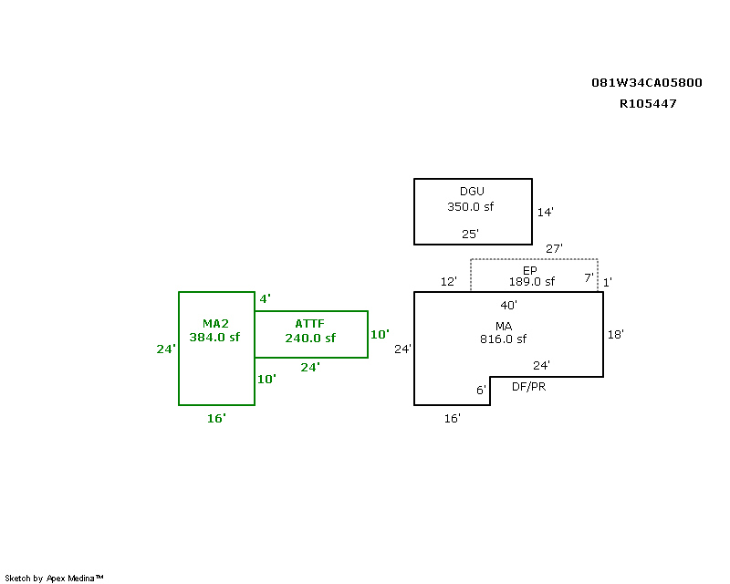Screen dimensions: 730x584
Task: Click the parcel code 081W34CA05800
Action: tap(647, 83)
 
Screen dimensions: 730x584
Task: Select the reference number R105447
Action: tap(648, 104)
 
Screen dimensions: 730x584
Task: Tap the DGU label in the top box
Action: tap(472, 192)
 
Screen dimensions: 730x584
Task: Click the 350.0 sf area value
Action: tap(470, 207)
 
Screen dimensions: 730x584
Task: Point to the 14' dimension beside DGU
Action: tap(545, 213)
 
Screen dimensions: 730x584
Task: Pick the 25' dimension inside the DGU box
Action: tap(470, 235)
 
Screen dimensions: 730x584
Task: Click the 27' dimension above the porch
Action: tap(554, 249)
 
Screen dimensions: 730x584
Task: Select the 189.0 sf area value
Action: tap(532, 282)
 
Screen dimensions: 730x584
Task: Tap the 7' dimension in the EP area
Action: tap(589, 278)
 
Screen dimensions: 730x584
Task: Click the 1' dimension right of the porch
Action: tap(608, 283)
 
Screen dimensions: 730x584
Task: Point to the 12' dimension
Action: tap(449, 282)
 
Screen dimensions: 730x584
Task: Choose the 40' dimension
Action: tap(509, 306)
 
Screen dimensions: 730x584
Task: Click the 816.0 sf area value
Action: tap(504, 339)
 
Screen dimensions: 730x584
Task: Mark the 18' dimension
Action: tap(615, 335)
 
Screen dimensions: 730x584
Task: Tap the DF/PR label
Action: tap(529, 387)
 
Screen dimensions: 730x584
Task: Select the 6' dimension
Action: tap(482, 391)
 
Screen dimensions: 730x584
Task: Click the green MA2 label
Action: tap(215, 324)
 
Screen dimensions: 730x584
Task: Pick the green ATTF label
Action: tap(309, 324)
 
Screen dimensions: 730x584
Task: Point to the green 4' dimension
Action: tap(265, 299)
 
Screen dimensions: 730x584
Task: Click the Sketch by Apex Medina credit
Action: tap(54, 579)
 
